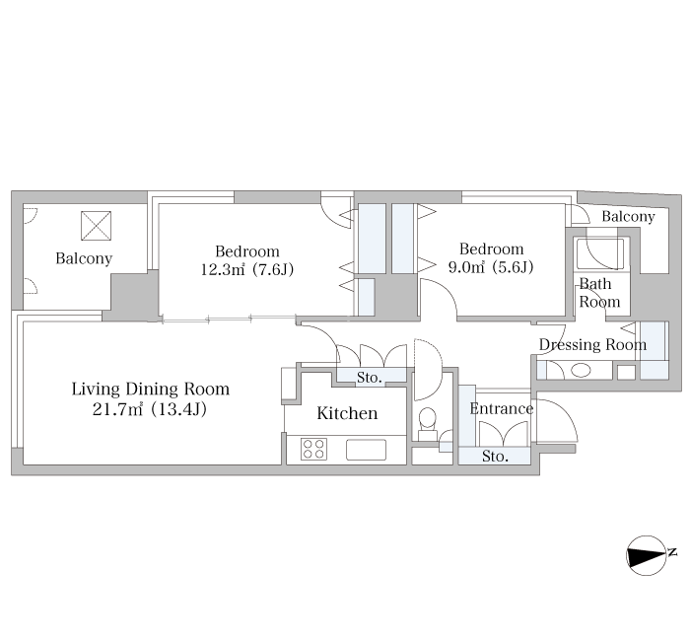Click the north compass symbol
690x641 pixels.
(x=648, y=555)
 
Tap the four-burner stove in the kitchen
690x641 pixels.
(x=313, y=449)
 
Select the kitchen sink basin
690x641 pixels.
(x=366, y=450)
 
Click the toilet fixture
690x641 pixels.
(x=427, y=424)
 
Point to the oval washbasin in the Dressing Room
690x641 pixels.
(x=581, y=370)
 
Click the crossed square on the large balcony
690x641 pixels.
(x=96, y=226)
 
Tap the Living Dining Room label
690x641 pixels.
(x=151, y=389)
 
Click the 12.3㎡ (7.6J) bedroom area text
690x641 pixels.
(x=246, y=269)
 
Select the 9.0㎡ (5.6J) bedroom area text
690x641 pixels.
(x=491, y=267)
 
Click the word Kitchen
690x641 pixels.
(x=347, y=413)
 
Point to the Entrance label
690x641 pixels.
(x=501, y=408)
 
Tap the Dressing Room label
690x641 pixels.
(x=592, y=344)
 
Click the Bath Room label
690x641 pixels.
(x=598, y=292)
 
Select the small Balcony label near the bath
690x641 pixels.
(x=628, y=216)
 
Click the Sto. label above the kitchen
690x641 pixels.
(x=370, y=378)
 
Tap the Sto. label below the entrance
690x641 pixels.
(x=495, y=456)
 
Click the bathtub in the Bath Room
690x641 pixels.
(x=600, y=253)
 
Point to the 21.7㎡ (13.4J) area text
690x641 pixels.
(x=150, y=409)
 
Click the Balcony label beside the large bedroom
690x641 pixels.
(x=84, y=258)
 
